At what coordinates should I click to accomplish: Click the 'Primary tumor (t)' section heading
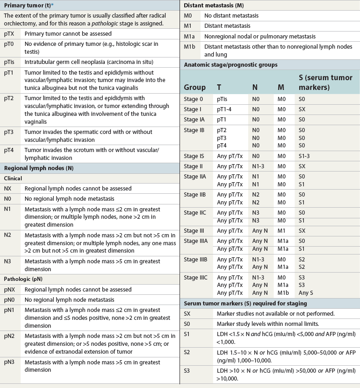(27, 6)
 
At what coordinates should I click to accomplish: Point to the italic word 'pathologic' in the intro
(118, 23)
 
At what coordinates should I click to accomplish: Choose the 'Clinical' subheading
(13, 178)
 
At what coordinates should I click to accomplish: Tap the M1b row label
(190, 47)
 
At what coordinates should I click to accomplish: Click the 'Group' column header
(194, 87)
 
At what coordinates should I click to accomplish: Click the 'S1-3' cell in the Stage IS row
(306, 156)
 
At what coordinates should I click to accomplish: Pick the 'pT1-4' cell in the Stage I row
(225, 109)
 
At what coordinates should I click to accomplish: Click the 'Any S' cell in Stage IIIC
(307, 293)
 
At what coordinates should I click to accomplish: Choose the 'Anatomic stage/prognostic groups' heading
(231, 65)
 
